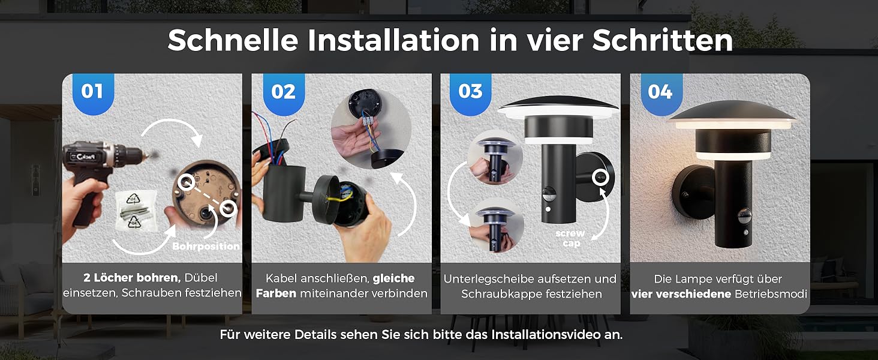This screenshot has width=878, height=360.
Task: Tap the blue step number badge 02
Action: tap(284, 93)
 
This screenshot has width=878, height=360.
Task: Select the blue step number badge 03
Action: tap(470, 93)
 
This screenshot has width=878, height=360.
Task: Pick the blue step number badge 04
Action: tap(661, 93)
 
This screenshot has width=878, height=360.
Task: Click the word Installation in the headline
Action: tap(393, 40)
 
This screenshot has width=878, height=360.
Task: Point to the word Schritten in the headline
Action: tap(663, 40)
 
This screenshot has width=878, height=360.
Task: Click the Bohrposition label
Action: tap(206, 246)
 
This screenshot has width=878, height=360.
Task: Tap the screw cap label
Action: tap(570, 238)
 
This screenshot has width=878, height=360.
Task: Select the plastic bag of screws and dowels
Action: tap(134, 211)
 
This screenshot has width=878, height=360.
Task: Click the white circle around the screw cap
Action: tap(600, 177)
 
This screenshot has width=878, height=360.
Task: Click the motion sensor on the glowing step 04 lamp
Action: tap(744, 215)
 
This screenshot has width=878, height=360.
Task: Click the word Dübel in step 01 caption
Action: tap(201, 278)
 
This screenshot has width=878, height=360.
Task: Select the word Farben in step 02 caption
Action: tap(276, 293)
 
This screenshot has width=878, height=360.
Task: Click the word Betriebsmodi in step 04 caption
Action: tap(771, 294)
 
